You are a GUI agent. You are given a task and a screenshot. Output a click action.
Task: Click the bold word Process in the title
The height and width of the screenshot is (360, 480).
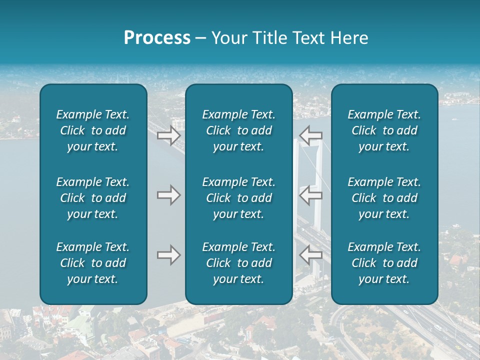(157, 38)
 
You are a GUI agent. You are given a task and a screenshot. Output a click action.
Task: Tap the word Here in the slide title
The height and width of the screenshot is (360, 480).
(348, 38)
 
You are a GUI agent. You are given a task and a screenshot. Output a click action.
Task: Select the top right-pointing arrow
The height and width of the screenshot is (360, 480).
(168, 135)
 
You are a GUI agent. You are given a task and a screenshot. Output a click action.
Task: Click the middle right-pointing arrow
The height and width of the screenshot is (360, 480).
(168, 195)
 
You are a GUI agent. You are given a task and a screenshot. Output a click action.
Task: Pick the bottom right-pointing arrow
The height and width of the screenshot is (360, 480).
(168, 255)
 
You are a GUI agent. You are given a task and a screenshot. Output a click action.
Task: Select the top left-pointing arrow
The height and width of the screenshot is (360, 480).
(311, 135)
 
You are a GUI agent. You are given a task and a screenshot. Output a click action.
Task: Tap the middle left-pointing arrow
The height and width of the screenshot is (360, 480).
(311, 195)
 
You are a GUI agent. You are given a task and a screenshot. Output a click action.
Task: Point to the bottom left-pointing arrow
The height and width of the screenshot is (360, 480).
(311, 255)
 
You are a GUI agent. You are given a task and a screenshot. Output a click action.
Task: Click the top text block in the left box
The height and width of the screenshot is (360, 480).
(93, 130)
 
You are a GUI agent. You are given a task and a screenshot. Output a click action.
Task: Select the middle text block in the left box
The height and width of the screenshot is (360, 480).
(93, 198)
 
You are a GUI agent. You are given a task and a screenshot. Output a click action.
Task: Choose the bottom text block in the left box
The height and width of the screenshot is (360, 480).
(93, 263)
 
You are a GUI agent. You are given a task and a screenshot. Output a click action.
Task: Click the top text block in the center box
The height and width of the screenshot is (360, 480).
(238, 130)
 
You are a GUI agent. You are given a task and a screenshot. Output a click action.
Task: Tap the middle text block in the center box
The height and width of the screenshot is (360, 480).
(238, 198)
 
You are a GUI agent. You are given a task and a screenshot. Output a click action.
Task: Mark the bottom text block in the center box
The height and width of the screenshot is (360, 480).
(238, 263)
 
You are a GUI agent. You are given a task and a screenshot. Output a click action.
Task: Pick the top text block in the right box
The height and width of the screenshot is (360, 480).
(384, 130)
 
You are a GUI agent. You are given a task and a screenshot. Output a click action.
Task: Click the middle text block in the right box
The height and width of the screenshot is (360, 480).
(384, 198)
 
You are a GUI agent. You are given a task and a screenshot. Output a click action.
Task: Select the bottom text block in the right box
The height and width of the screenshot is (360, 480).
(384, 263)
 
